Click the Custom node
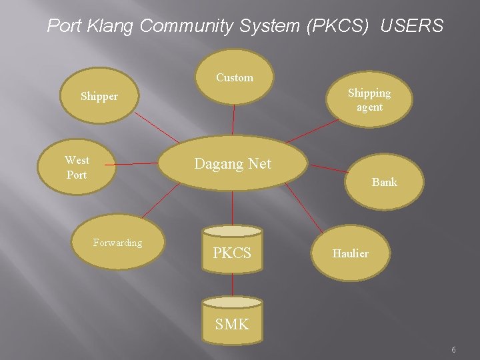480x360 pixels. (235, 78)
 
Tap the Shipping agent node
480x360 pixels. (369, 100)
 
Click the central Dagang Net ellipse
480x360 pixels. (233, 164)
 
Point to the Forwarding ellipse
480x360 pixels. (118, 243)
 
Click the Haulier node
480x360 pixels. (351, 253)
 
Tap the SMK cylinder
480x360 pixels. (232, 324)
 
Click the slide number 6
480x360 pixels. (453, 350)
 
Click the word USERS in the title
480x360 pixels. (412, 26)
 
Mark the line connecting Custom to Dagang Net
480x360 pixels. (233, 120)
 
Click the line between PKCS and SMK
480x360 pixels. (232, 285)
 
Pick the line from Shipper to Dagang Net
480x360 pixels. (157, 127)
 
